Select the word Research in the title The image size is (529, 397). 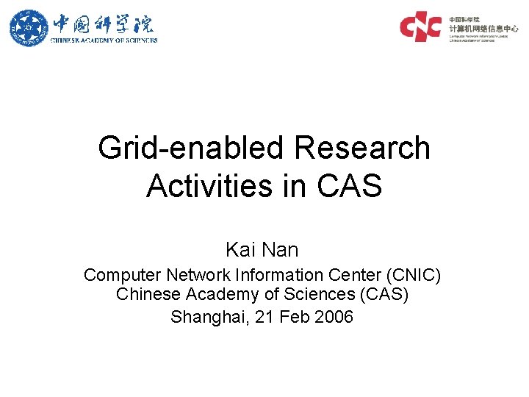(x=361, y=149)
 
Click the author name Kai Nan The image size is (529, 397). (x=262, y=250)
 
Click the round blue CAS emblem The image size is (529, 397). (x=27, y=27)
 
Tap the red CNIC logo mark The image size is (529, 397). (x=420, y=26)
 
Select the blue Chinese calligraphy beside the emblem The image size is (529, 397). (x=103, y=23)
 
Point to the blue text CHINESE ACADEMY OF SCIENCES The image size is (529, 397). (x=104, y=40)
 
